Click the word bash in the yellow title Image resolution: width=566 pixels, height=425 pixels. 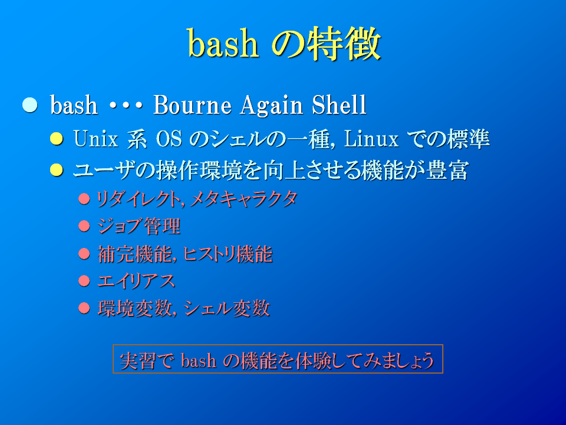point(223,43)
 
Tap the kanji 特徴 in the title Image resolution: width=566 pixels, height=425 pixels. point(345,44)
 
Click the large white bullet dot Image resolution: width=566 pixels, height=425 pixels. point(30,105)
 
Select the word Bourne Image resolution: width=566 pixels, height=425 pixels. point(192,105)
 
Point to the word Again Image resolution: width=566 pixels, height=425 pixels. point(272,106)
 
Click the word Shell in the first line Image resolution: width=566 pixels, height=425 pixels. point(339,105)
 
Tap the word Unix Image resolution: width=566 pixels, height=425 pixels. point(96,138)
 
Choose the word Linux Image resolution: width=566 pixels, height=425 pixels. point(371,138)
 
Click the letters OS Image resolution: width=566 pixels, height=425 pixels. point(169,139)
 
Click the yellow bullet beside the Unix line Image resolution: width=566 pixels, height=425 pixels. point(57,138)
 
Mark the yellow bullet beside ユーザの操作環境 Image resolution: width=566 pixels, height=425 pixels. point(57,169)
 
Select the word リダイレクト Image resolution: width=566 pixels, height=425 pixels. point(138,199)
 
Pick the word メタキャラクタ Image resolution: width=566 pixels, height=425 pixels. point(243,199)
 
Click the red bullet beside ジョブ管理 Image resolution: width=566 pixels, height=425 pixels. point(84,226)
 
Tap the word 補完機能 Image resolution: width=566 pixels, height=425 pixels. point(135,254)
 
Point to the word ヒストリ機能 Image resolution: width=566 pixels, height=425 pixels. point(228,254)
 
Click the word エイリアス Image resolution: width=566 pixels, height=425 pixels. point(136,281)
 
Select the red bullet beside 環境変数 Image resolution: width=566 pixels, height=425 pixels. point(84,308)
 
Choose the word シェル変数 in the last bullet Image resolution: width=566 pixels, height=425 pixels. point(226,308)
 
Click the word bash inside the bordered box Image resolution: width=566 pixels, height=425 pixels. point(199,360)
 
